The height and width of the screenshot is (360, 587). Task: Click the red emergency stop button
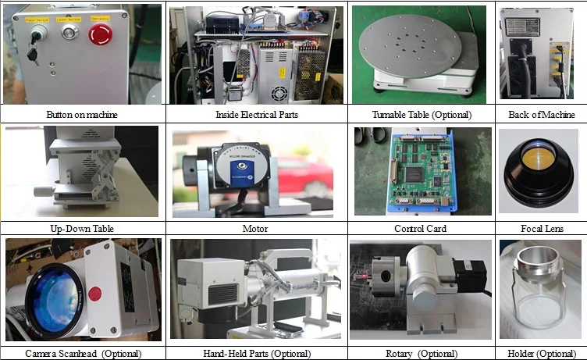coord(99,34)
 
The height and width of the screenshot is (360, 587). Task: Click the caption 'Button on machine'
coord(82,115)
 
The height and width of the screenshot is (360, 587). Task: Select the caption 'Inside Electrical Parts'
coord(256,115)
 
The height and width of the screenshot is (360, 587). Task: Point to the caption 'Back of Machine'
coord(542,115)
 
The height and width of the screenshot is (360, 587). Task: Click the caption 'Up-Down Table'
coord(82,229)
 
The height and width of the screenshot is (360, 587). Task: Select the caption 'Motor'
coord(255,229)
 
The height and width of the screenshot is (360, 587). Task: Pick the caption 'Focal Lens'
coord(542,229)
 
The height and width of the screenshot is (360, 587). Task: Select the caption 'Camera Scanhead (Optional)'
coord(82,354)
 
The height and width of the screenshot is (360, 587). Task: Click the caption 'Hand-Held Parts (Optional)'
coord(256,354)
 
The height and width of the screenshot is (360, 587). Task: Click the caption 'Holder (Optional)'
coord(542,354)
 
